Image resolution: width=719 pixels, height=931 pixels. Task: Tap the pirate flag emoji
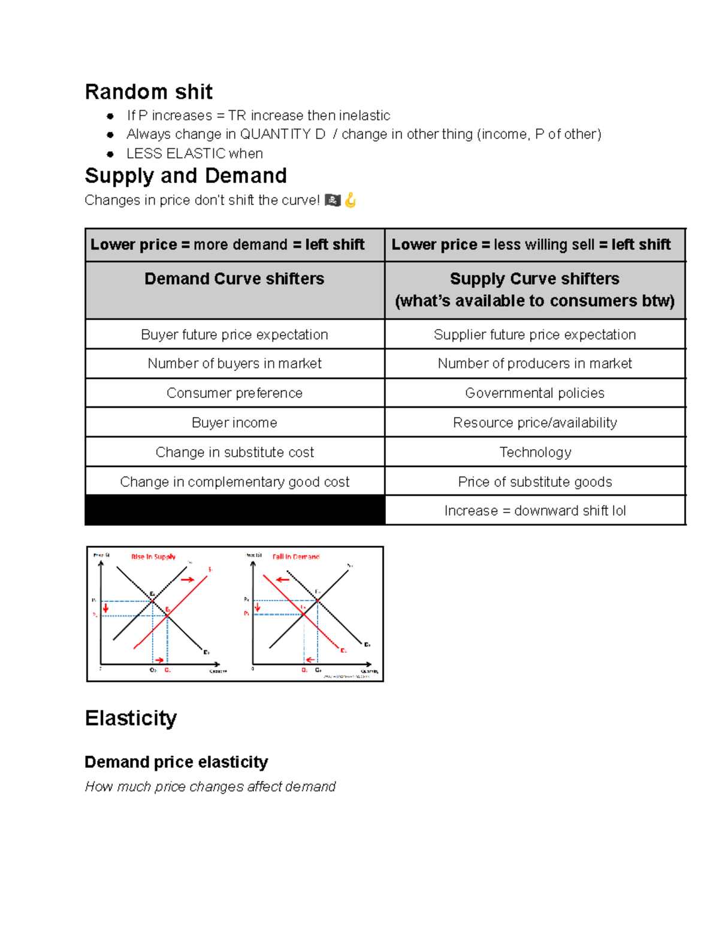pos(333,200)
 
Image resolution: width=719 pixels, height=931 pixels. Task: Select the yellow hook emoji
pos(351,200)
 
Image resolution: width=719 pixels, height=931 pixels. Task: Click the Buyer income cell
pos(234,423)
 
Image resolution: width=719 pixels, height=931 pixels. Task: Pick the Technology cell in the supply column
pos(535,452)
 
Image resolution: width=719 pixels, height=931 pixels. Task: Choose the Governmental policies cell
pos(534,393)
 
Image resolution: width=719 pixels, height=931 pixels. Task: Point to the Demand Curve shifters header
pos(234,279)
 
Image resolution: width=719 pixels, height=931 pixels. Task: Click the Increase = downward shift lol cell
pos(534,511)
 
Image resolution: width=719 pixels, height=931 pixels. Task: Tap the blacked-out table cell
pos(234,510)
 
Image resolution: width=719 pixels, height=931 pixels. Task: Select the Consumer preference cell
pos(234,393)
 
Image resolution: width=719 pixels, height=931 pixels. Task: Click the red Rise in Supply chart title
pos(153,557)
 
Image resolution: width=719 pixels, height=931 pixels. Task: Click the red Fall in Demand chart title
pos(296,557)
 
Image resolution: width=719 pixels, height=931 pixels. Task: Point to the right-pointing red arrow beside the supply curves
pos(188,579)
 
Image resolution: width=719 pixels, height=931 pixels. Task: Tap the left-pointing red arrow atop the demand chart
pos(283,579)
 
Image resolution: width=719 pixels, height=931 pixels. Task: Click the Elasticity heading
pos(131,718)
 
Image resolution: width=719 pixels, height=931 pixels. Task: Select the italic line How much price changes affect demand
pos(210,787)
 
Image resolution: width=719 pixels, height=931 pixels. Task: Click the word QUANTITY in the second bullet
pos(275,134)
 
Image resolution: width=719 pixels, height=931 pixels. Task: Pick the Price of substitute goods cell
pos(534,482)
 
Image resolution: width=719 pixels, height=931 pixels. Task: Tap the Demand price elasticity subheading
pos(176,762)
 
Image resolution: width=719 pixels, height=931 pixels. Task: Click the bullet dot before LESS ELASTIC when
pos(110,154)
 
